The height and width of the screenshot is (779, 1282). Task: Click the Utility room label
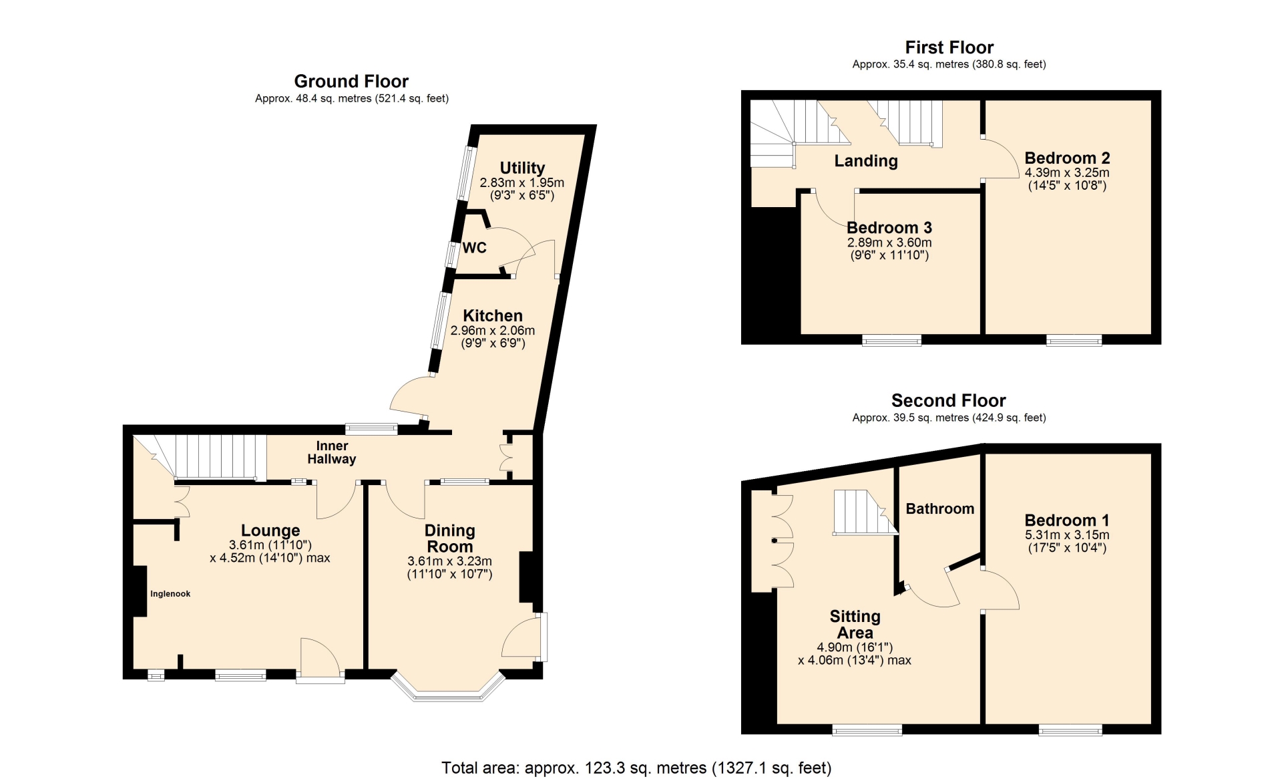pos(522,168)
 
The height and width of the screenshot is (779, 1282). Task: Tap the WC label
pos(474,248)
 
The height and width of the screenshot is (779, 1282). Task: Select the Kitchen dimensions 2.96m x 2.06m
pos(493,331)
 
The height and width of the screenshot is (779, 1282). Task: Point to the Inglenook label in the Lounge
pos(170,594)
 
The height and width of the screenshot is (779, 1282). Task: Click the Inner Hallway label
pos(332,452)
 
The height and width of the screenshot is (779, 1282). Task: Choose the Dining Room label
pos(450,538)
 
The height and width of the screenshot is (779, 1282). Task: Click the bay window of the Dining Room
pos(448,686)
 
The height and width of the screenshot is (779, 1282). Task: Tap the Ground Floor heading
pos(351,82)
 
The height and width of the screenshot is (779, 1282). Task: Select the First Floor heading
pos(949,47)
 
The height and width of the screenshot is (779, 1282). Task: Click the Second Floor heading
pos(948,401)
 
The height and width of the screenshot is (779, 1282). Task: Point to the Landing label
pos(866,161)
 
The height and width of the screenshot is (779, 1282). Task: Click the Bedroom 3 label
pos(889,228)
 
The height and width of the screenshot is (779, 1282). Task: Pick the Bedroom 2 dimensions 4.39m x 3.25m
pos(1067,172)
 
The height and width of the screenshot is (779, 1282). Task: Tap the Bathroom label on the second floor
pos(940,509)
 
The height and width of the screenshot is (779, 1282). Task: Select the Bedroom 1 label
pos(1067,520)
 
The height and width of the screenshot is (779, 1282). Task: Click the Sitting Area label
pos(855,625)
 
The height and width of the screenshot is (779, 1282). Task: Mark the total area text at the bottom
pos(636,768)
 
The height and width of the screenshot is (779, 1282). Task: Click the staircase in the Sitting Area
pos(865,512)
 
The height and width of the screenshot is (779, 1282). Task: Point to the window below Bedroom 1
pos(1070,730)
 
